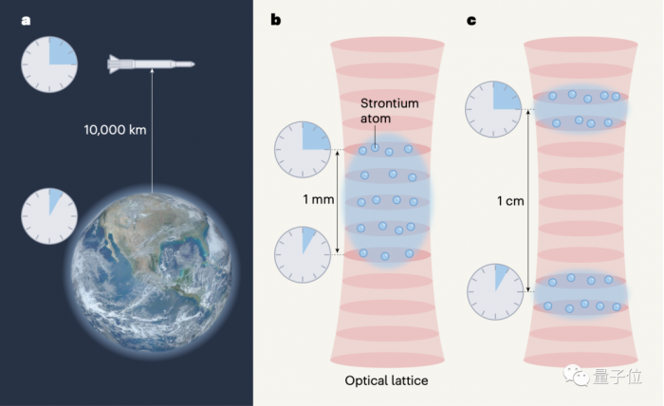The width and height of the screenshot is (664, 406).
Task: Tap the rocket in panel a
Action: [151, 65]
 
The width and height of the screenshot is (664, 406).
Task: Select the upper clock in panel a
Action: [49, 65]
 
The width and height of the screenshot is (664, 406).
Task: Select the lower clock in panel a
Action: [49, 215]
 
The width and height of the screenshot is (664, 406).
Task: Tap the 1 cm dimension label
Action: [512, 200]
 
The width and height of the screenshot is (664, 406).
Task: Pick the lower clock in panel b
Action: [303, 254]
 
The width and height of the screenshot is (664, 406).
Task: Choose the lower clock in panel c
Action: [495, 291]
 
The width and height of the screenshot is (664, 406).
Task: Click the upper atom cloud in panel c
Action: [581, 108]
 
